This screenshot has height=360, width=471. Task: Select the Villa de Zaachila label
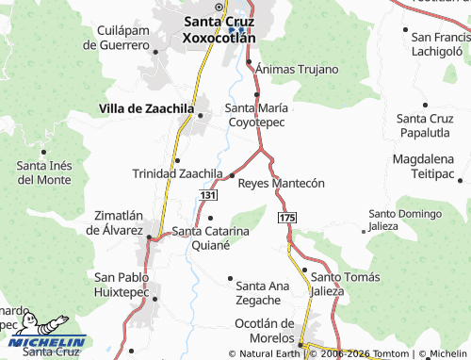pyautogui.click(x=146, y=109)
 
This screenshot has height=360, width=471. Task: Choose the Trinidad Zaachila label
pyautogui.click(x=176, y=174)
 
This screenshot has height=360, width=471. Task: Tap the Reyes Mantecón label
pyautogui.click(x=281, y=183)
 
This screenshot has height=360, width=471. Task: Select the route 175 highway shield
pyautogui.click(x=287, y=218)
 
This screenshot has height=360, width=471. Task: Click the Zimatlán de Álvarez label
pyautogui.click(x=114, y=222)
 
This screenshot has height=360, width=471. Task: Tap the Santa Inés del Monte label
pyautogui.click(x=43, y=172)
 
